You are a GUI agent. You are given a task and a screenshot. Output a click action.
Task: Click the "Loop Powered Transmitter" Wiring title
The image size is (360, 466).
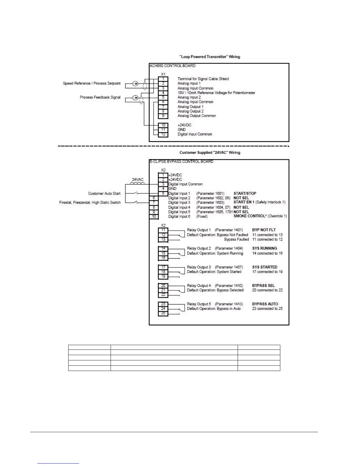(210, 56)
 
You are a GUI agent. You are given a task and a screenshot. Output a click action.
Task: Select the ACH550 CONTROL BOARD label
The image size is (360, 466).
(172, 66)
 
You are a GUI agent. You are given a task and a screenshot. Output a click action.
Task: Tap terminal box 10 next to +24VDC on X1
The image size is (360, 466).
(163, 125)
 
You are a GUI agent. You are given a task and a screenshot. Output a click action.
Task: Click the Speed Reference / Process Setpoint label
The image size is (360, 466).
(91, 84)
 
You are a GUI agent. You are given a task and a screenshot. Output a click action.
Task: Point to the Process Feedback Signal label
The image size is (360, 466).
(100, 97)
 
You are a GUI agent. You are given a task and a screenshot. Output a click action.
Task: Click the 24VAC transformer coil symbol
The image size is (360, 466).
(138, 183)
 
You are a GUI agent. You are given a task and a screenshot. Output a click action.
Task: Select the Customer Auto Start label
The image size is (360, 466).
(104, 194)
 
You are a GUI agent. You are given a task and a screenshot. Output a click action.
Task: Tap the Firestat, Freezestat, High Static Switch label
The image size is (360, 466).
(90, 203)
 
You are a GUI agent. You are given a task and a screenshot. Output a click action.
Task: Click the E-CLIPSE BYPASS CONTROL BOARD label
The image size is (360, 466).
(181, 162)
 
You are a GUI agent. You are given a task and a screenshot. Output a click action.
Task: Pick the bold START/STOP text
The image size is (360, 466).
(245, 193)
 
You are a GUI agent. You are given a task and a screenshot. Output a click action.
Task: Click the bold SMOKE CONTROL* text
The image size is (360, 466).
(245, 216)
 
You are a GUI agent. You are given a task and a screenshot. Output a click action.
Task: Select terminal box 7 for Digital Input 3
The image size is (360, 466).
(154, 203)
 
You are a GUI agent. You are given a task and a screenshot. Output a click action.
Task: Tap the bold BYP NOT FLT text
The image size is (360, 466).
(264, 230)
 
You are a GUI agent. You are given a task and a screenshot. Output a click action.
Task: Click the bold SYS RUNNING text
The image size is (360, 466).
(264, 248)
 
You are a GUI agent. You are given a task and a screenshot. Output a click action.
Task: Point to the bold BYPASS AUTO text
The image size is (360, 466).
(265, 304)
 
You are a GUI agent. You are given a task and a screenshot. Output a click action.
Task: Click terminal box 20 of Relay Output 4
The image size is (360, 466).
(163, 286)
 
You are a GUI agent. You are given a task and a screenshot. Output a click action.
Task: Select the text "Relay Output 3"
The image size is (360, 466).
(199, 267)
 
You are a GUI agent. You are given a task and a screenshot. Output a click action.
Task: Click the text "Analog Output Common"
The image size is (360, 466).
(196, 116)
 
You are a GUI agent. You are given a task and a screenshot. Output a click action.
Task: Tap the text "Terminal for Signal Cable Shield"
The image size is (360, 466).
(203, 79)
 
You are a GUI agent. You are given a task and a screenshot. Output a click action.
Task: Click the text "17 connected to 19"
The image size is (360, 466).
(267, 272)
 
